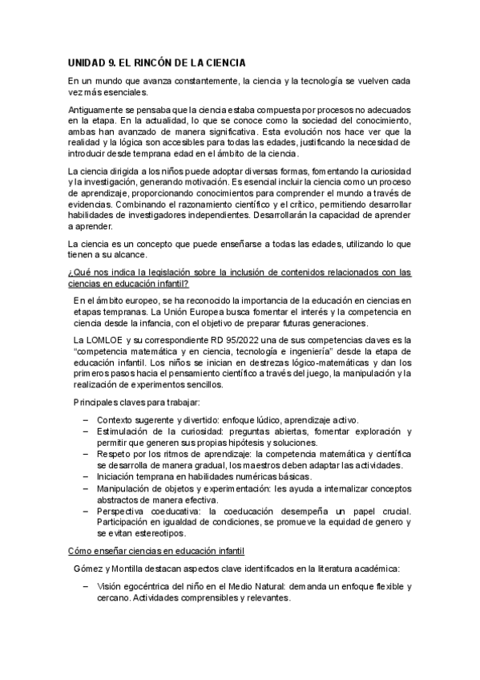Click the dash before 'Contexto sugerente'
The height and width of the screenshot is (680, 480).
pos(86,420)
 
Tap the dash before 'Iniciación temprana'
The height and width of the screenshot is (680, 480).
pos(86,476)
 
